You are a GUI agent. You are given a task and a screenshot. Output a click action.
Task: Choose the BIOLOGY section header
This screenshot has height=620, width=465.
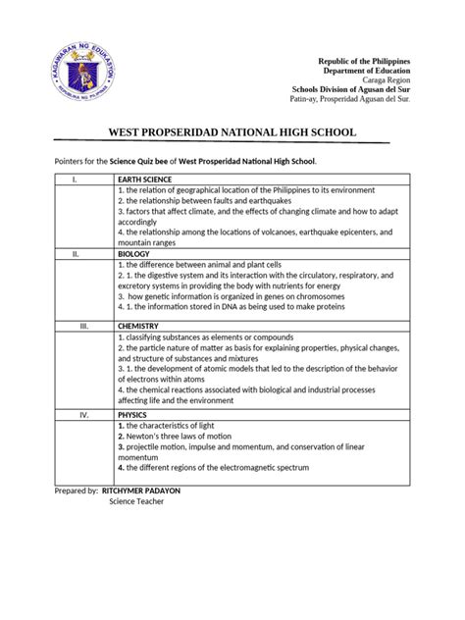(133, 253)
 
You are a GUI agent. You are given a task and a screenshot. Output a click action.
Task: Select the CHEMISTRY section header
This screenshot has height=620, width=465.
(138, 326)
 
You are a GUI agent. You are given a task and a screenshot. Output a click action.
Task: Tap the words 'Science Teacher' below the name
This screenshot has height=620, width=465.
(136, 501)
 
